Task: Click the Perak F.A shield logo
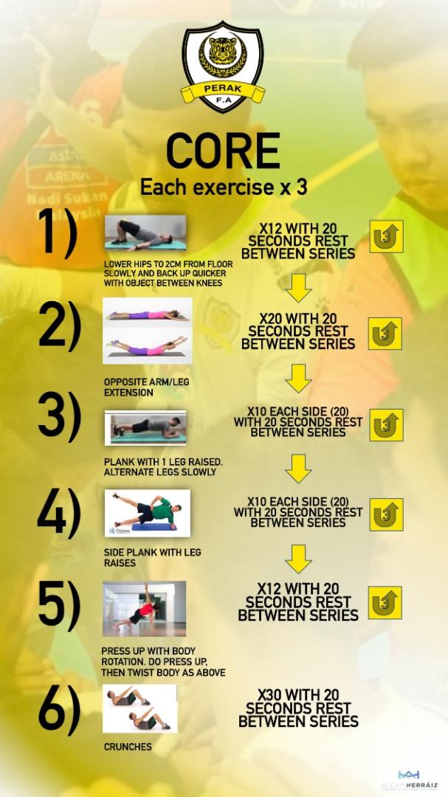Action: [x=222, y=67]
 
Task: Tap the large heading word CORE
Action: [x=223, y=151]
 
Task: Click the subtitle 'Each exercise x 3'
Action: [x=224, y=187]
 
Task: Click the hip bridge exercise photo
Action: [x=145, y=233]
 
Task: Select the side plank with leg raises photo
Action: [x=148, y=512]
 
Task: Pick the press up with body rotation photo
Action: [x=145, y=609]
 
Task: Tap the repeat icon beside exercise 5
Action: [x=385, y=602]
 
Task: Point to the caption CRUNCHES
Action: [x=128, y=747]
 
